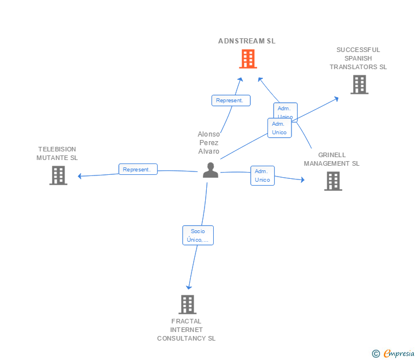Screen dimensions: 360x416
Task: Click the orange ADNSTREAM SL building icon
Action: pyautogui.click(x=247, y=59)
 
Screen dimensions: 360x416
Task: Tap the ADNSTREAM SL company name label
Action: pyautogui.click(x=247, y=41)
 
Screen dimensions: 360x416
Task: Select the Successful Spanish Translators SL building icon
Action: pyautogui.click(x=359, y=85)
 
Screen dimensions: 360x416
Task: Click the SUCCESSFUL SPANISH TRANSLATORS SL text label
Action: pyautogui.click(x=358, y=58)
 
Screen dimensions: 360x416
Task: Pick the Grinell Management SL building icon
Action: pyautogui.click(x=333, y=181)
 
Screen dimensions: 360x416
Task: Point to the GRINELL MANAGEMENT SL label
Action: pyautogui.click(x=331, y=159)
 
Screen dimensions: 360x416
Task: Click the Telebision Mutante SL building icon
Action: pyautogui.click(x=58, y=175)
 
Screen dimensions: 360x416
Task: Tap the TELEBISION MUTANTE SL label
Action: pyautogui.click(x=57, y=153)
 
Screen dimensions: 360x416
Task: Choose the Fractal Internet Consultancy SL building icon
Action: pyautogui.click(x=187, y=305)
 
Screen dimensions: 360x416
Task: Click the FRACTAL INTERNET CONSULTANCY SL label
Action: pyautogui.click(x=186, y=330)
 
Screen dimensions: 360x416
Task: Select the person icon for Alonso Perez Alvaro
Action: pyautogui.click(x=210, y=170)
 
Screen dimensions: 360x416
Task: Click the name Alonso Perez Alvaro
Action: pyautogui.click(x=209, y=143)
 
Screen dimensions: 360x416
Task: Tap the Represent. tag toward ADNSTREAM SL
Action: pyautogui.click(x=230, y=101)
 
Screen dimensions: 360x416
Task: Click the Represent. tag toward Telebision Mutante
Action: pyautogui.click(x=138, y=169)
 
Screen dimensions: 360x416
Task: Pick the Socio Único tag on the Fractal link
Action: pyautogui.click(x=198, y=235)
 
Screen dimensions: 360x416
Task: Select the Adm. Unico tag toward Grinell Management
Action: pyautogui.click(x=262, y=175)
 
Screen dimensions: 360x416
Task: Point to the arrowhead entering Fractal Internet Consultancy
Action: pyautogui.click(x=189, y=287)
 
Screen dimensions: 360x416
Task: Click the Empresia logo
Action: pyautogui.click(x=394, y=354)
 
